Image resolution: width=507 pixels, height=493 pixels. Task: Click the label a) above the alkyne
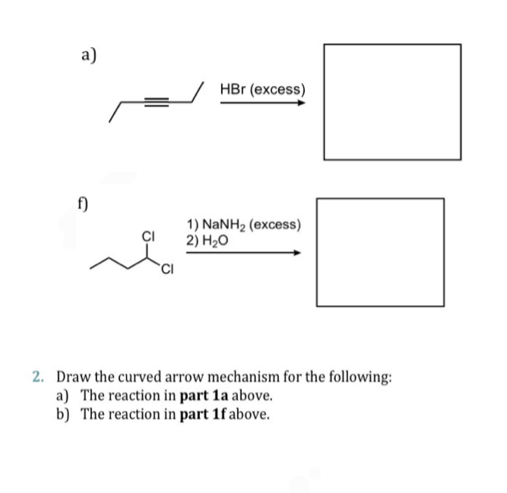89,52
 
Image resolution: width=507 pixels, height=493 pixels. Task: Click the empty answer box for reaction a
392,102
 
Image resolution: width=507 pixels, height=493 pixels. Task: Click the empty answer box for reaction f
380,252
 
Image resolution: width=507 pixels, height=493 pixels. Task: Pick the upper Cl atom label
149,235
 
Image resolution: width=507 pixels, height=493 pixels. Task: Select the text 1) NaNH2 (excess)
243,226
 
